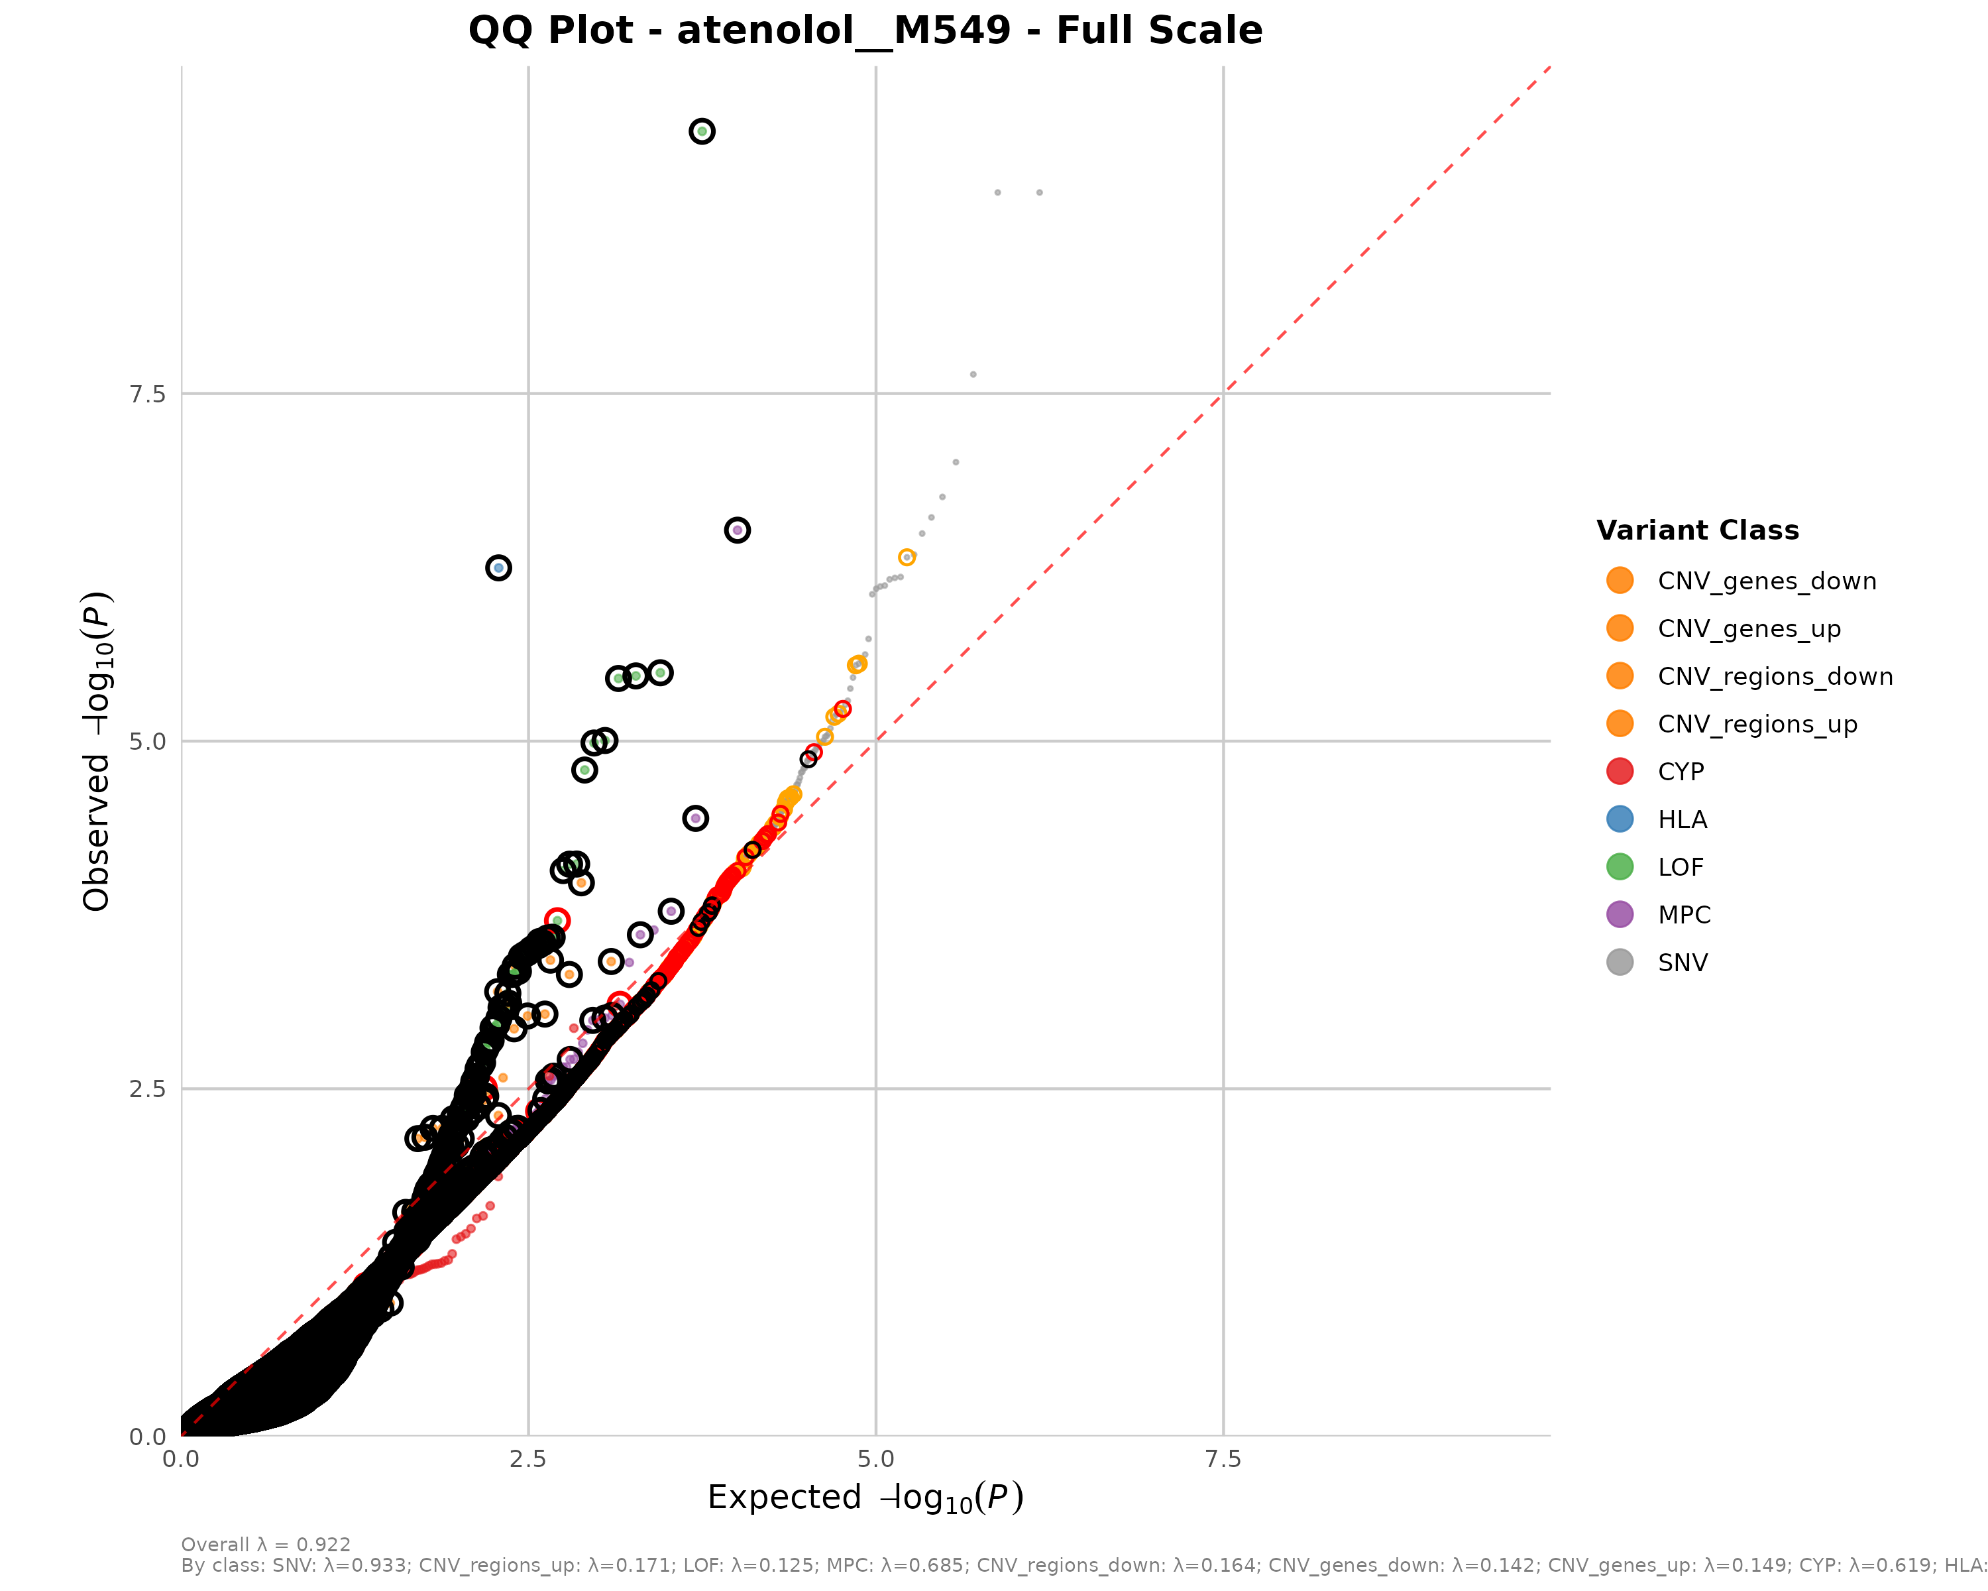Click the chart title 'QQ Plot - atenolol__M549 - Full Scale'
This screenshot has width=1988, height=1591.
[x=865, y=30]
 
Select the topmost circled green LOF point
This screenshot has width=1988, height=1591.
[x=702, y=132]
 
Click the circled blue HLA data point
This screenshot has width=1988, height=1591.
[x=498, y=568]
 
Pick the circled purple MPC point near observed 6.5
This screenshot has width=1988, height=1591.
[x=737, y=530]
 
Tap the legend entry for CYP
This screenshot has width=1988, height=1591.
[x=1680, y=772]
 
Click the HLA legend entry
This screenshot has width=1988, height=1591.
[x=1682, y=820]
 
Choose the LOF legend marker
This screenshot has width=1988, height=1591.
[x=1620, y=867]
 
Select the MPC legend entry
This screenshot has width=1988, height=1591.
[x=1684, y=915]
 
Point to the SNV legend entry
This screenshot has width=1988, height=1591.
[x=1682, y=963]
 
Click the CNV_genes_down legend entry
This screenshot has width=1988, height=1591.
[x=1766, y=581]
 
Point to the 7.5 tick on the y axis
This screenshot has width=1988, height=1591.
[x=148, y=394]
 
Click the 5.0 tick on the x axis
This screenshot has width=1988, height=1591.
[x=875, y=1459]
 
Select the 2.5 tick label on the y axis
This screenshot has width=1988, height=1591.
[x=148, y=1089]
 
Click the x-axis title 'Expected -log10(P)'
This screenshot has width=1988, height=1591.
[x=865, y=1498]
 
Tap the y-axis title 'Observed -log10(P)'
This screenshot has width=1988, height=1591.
[x=97, y=751]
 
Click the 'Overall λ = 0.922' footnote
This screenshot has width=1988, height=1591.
[x=266, y=1545]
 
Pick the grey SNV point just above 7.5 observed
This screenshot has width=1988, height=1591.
[x=973, y=375]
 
